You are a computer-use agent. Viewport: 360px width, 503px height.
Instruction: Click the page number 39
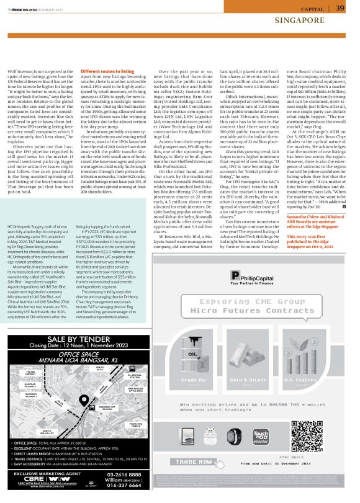tap(340, 7)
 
